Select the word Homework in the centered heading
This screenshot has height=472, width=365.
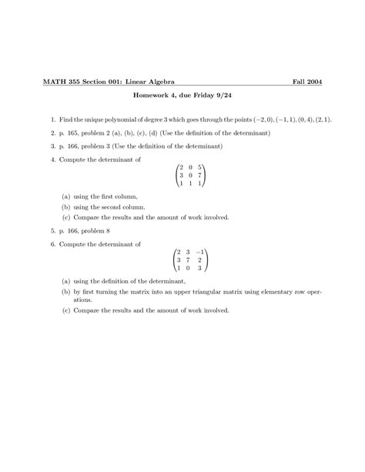149,99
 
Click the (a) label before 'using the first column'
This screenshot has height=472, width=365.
66,197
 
